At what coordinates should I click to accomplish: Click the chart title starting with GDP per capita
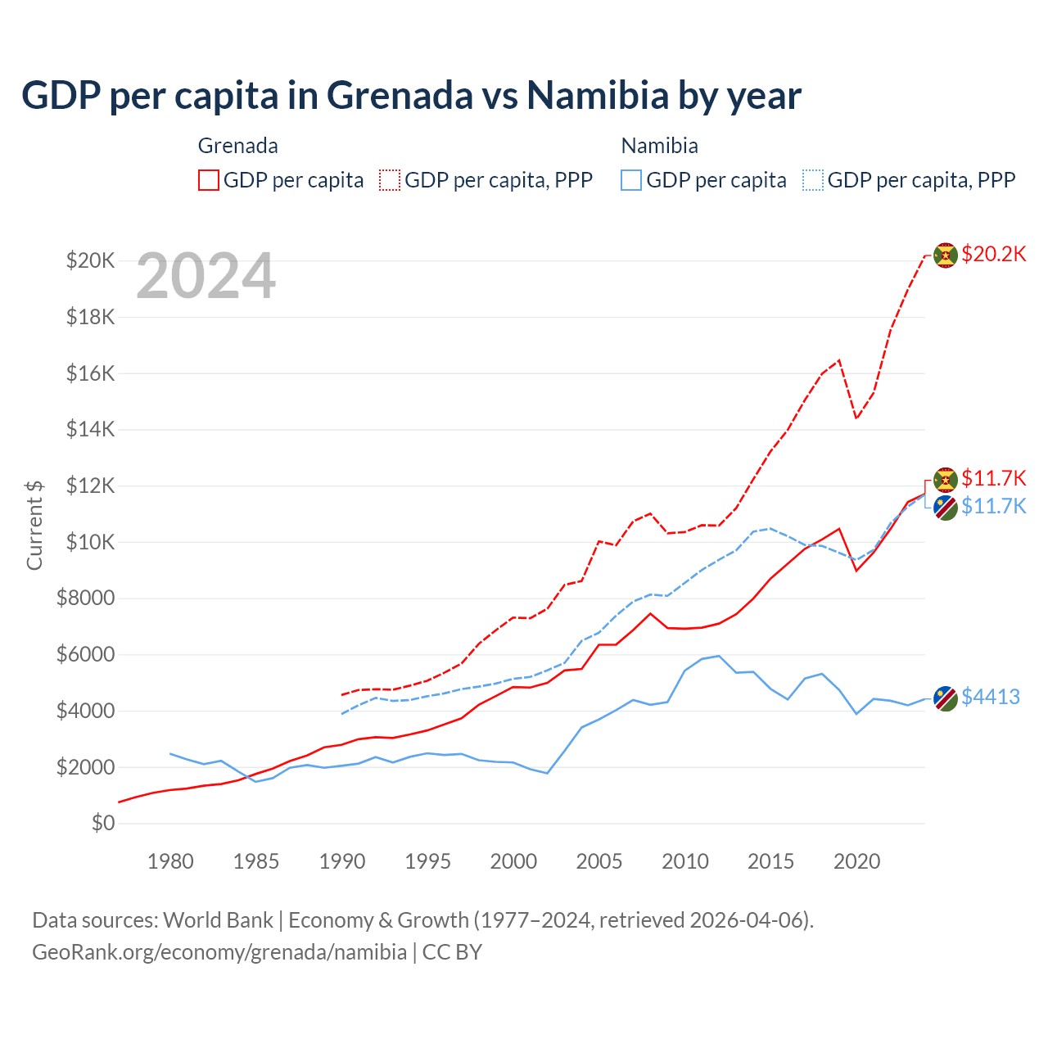coord(411,96)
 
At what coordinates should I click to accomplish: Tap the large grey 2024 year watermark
coord(206,276)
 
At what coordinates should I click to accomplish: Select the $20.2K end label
coord(993,254)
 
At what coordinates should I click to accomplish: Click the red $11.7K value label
coord(993,478)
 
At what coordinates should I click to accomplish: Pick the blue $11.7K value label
coord(993,506)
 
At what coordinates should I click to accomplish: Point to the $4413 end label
coord(990,697)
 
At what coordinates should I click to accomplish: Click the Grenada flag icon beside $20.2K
coord(946,255)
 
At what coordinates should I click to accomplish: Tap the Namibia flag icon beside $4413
coord(946,698)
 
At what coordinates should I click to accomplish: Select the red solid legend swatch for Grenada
coord(209,180)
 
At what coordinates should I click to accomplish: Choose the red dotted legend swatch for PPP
coord(390,180)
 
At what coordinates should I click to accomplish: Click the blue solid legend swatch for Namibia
coord(631,180)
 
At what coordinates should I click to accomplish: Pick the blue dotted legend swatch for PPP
coord(813,180)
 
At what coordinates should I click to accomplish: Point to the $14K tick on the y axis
coord(90,429)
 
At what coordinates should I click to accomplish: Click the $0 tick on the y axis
coord(102,823)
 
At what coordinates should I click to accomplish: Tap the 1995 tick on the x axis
coord(427,861)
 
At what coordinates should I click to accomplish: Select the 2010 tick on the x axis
coord(685,861)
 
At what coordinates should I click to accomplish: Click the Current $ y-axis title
coord(34,525)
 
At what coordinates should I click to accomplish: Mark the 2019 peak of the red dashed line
coord(839,360)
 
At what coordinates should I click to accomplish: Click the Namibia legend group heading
coord(659,146)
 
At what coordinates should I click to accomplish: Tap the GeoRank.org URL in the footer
coord(219,952)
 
